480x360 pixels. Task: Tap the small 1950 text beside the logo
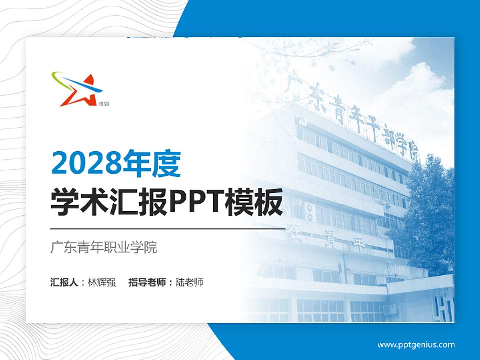tap(104, 104)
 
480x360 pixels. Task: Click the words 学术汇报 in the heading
tap(109, 203)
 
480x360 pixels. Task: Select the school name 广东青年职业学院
tap(104, 247)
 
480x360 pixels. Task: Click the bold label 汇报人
tap(64, 282)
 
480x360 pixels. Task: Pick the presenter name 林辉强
tap(102, 282)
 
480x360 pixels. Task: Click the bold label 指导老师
tap(147, 282)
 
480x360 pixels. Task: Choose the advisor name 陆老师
tap(189, 282)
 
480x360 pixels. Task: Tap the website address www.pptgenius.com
tap(416, 344)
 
